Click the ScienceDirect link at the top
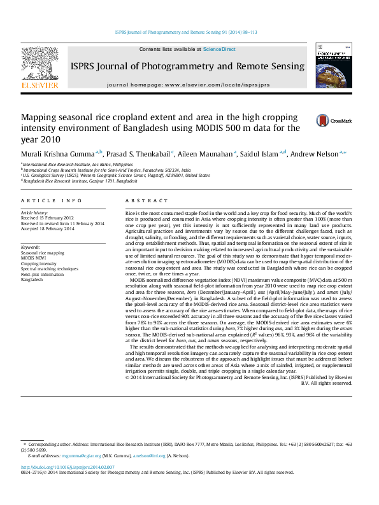pos(219,49)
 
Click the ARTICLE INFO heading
pos(51,200)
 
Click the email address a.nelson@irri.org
pos(149,455)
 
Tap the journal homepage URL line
pos(188,84)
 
